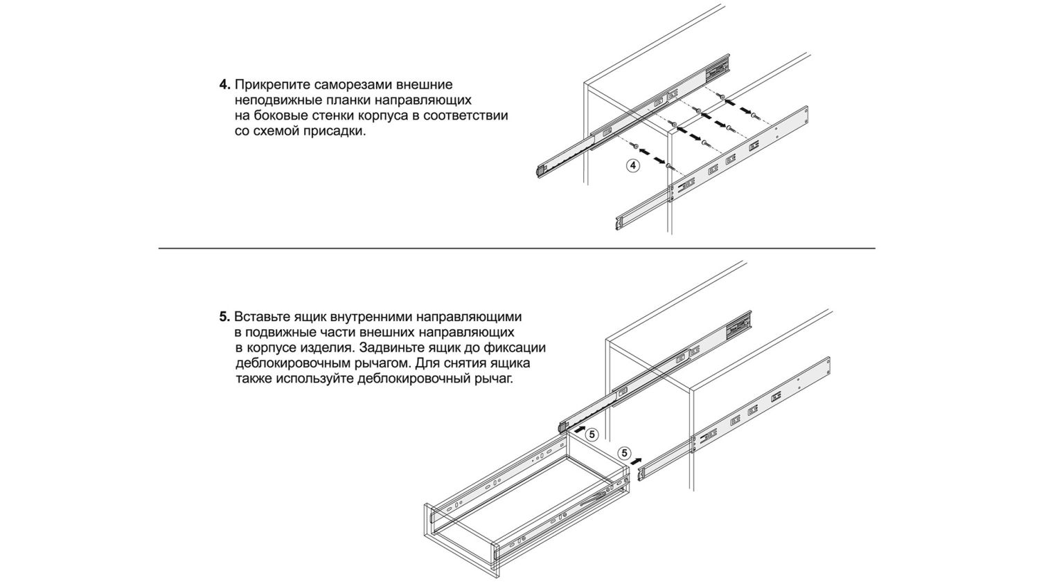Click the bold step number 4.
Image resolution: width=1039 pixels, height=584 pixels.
pos(224,84)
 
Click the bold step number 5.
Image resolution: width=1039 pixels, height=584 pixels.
pos(224,317)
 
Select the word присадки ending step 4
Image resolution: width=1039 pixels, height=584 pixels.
pos(334,131)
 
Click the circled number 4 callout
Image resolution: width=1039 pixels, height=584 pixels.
pos(632,165)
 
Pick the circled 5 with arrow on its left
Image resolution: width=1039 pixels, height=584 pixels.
pos(592,435)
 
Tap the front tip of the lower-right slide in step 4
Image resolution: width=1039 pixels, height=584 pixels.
pos(617,222)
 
